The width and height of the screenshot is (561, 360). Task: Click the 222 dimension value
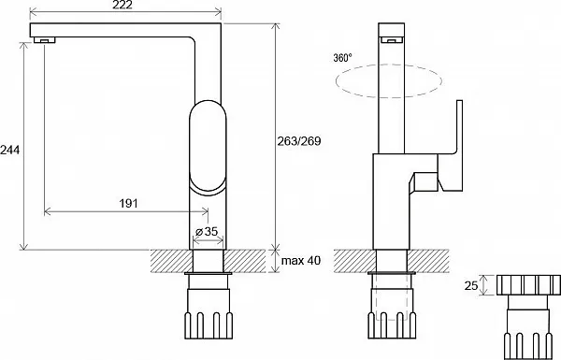coord(122,5)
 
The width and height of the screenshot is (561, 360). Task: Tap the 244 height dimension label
coord(9,150)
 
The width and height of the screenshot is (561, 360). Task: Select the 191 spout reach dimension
coord(128,203)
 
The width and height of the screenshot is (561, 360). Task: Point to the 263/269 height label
coord(299,141)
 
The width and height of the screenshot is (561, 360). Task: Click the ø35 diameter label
coord(207,232)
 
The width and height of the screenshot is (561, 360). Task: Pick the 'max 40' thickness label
coord(301,261)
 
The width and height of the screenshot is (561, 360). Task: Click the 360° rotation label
coord(342,58)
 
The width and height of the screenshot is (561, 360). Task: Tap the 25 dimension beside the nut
coord(471,285)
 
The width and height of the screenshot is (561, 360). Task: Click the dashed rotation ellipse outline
coord(389,65)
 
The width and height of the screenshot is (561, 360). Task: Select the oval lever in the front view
coord(208,147)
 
